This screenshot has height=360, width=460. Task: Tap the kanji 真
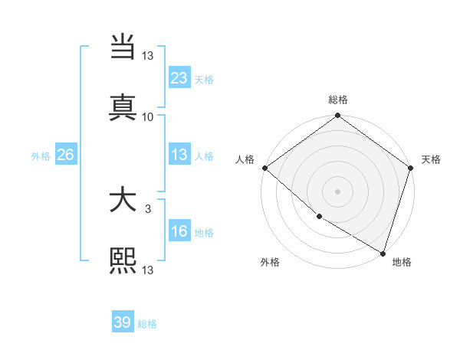123,106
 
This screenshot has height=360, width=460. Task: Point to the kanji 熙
123,260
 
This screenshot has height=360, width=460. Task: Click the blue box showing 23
179,77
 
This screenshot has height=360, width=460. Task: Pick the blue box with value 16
179,232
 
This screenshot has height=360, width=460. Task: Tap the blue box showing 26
65,155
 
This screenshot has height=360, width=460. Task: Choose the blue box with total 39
123,322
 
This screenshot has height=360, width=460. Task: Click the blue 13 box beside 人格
179,155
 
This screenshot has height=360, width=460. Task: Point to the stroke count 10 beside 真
148,116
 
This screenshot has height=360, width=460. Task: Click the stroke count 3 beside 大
148,208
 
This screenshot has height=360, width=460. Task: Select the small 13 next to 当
148,55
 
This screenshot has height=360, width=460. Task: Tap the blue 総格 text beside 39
147,324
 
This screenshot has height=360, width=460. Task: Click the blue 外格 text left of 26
41,155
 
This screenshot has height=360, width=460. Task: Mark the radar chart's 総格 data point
337,116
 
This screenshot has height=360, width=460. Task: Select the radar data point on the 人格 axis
264,168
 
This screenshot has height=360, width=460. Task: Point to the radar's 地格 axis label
402,262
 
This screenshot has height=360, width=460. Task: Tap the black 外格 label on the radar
270,262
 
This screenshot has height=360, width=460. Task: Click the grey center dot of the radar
337,191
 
